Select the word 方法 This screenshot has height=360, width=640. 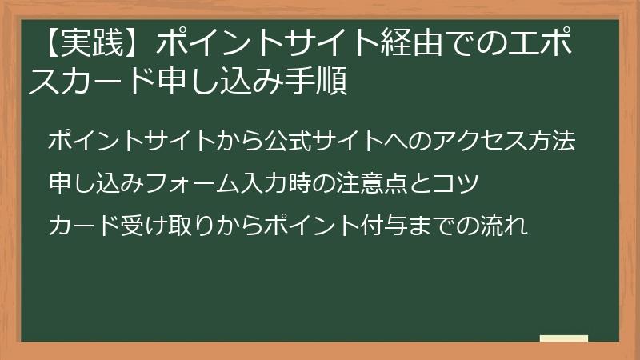552,141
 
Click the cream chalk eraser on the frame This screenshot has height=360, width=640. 563,339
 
